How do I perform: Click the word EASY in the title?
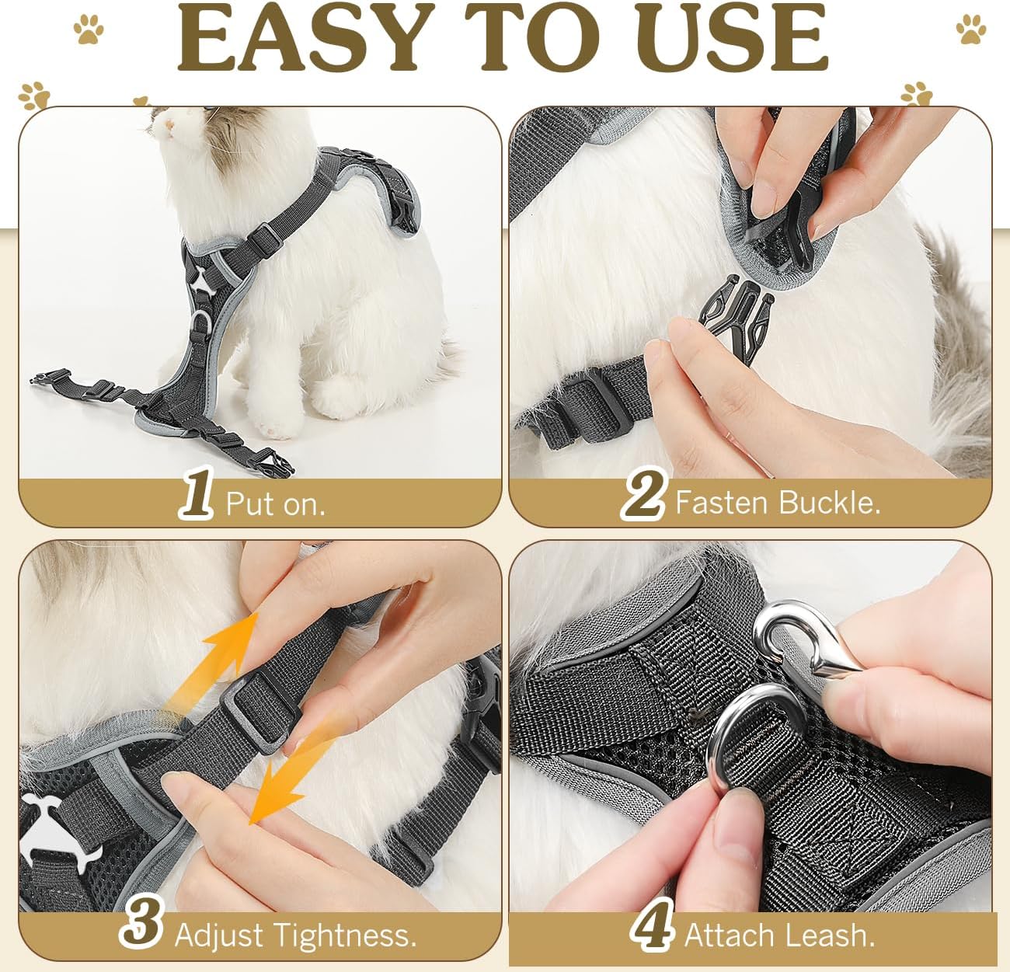tap(298, 37)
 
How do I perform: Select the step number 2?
tap(643, 493)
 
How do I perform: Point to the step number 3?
tap(141, 921)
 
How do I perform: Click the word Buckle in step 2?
tap(830, 502)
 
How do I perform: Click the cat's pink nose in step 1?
tap(168, 124)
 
